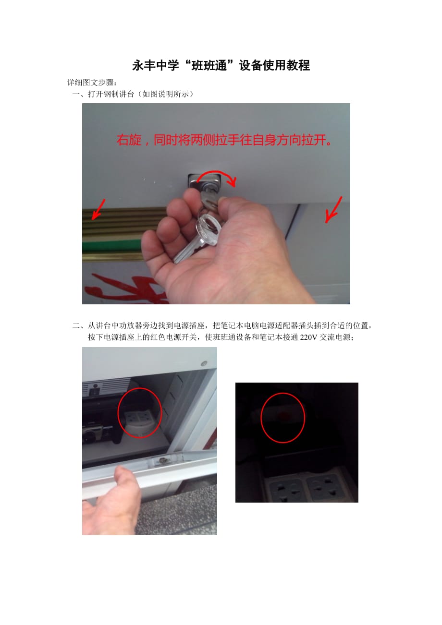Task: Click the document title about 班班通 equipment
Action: pos(221,65)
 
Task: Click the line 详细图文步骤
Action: pos(92,83)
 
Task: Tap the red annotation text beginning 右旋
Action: pos(224,140)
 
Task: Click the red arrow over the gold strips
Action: pos(98,209)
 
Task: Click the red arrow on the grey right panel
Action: pos(334,210)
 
